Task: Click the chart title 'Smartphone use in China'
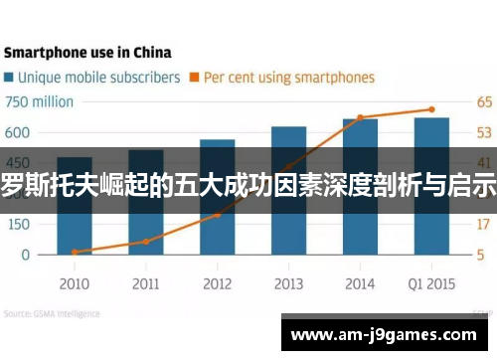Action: [x=86, y=52]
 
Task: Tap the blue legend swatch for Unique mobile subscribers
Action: [x=9, y=77]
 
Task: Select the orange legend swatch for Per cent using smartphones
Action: [x=195, y=77]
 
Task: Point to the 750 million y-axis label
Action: [x=40, y=101]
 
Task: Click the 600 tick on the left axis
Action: [x=18, y=132]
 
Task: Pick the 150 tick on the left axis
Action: [x=18, y=224]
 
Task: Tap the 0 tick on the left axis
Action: [x=26, y=255]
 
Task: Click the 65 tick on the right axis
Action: [x=484, y=101]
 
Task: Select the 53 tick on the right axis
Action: [x=484, y=132]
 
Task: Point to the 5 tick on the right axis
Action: [x=481, y=255]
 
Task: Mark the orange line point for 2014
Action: [x=360, y=117]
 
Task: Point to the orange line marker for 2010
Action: [x=75, y=252]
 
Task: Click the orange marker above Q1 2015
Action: [x=431, y=109]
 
